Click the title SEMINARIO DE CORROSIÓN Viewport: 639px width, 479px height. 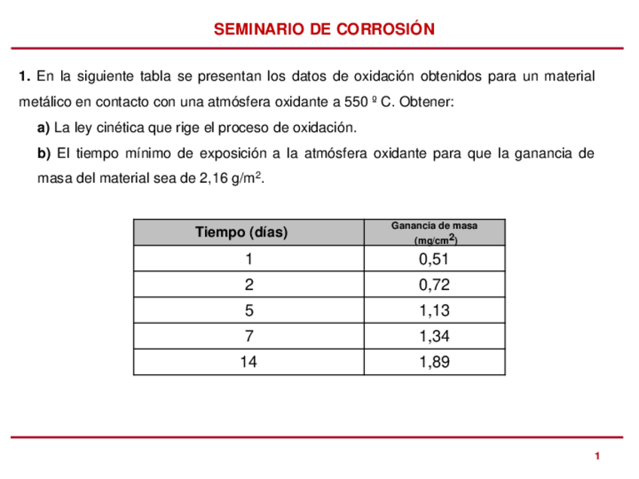[324, 29]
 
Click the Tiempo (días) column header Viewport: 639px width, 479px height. [241, 232]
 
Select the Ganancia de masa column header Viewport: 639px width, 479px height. [434, 233]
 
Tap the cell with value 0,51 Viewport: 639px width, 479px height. [434, 260]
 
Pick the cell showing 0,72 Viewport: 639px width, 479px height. [434, 285]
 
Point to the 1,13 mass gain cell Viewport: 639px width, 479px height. [434, 311]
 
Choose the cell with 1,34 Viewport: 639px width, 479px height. [434, 337]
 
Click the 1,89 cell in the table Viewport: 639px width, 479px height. [434, 362]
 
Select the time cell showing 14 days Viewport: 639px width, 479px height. [248, 362]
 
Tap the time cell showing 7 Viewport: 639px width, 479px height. [248, 337]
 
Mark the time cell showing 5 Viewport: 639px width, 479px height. [248, 311]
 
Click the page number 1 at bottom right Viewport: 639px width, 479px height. [597, 456]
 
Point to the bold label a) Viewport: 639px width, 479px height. [43, 127]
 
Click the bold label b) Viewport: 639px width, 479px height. [44, 154]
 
